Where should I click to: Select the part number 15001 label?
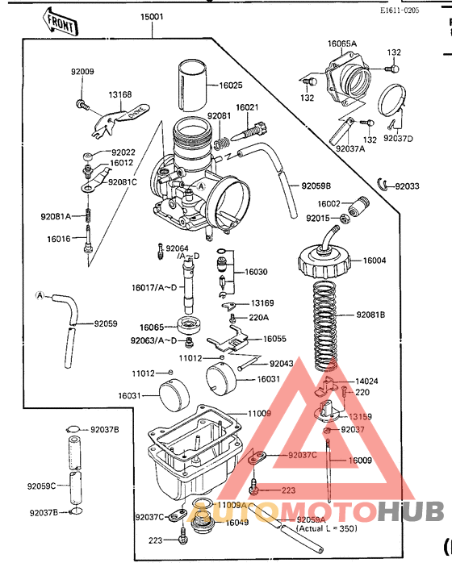coord(152,17)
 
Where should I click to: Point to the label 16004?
coord(375,261)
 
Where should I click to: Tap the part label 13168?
coord(120,94)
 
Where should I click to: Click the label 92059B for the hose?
coord(316,186)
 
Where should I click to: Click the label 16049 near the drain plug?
coord(236,523)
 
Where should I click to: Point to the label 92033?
coord(407,186)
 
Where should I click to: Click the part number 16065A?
coord(341,44)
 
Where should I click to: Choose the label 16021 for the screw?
coord(247,107)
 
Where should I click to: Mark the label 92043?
coord(281,364)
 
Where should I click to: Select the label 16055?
coord(275,340)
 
